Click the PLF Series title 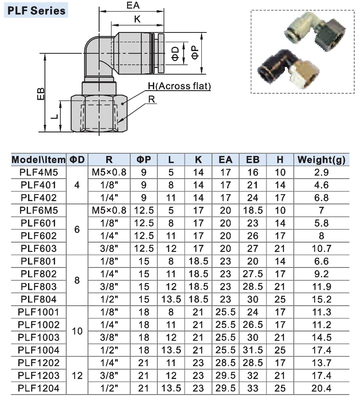click(x=36, y=11)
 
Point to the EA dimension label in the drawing click(x=133, y=5)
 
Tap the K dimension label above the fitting click(x=137, y=19)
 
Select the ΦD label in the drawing click(x=175, y=53)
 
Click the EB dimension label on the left click(x=41, y=94)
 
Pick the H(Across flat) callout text click(x=179, y=86)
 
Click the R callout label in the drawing click(x=152, y=99)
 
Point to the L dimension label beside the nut click(x=54, y=116)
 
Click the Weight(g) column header click(x=321, y=160)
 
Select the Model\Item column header click(x=39, y=160)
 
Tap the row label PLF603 click(x=39, y=248)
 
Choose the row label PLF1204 click(x=39, y=388)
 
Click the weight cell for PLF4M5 click(x=321, y=172)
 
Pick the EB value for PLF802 click(x=253, y=274)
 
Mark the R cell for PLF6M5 click(x=109, y=210)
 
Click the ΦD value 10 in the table click(x=77, y=331)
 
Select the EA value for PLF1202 click(x=225, y=363)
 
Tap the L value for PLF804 click(x=171, y=299)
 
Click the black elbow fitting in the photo click(x=276, y=65)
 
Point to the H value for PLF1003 click(x=280, y=337)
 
